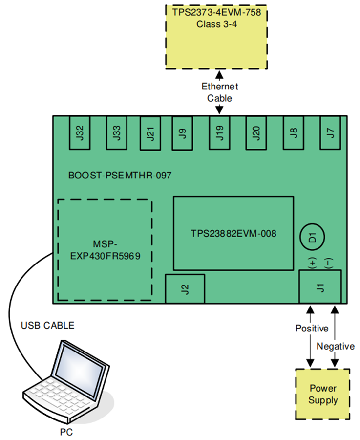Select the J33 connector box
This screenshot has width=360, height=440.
[116, 132]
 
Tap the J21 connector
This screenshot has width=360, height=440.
[150, 132]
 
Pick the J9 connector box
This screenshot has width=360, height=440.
[183, 132]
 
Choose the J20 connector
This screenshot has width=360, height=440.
[256, 132]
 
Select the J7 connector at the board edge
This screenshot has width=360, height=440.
[330, 132]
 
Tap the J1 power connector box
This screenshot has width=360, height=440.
[320, 286]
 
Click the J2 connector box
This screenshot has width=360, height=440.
[185, 289]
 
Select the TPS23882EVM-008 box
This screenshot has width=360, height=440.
[233, 233]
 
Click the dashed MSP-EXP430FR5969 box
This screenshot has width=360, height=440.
[105, 250]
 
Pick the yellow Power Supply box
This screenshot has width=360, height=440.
[323, 394]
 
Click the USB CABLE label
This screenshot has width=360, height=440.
[47, 325]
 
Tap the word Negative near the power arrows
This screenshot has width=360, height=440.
[336, 346]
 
